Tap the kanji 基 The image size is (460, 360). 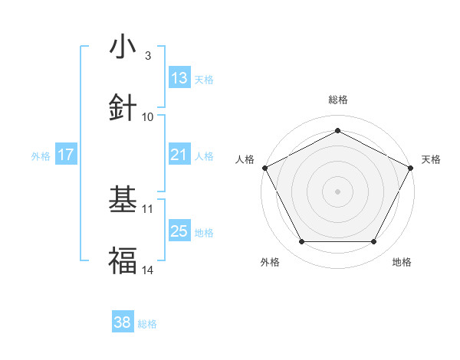click(123, 199)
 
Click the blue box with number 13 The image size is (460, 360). click(179, 78)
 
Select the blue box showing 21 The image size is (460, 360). click(179, 155)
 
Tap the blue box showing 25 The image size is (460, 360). click(179, 231)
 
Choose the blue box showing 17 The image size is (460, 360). click(66, 155)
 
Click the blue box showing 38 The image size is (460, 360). click(123, 323)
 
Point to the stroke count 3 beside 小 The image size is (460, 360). click(147, 56)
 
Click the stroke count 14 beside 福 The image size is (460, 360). click(148, 270)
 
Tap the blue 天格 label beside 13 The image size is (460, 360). click(204, 79)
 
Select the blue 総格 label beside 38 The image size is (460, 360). click(147, 324)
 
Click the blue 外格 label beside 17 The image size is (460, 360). click(41, 155)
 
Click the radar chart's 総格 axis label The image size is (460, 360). click(337, 100)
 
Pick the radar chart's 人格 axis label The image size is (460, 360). click(245, 159)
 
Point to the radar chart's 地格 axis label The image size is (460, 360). click(402, 262)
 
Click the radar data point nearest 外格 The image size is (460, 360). click(301, 241)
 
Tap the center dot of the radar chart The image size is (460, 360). click(337, 191)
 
